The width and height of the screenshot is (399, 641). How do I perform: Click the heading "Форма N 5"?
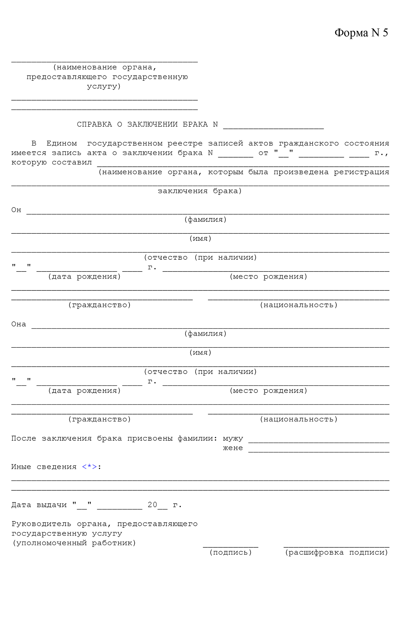pos(361,33)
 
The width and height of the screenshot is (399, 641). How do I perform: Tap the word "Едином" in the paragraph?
pos(61,143)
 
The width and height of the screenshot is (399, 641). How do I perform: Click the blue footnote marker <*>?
pos(90,467)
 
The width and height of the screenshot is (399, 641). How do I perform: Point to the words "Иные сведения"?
pos(44,467)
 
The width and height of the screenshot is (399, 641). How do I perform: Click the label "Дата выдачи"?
pos(39,505)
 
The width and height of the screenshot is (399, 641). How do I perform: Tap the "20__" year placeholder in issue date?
pos(157,505)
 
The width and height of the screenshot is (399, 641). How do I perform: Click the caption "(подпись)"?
pos(231,552)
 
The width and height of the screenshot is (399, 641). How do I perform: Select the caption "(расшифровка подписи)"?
pos(336,552)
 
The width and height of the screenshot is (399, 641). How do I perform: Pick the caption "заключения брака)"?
pos(200,191)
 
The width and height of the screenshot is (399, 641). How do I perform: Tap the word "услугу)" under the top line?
pos(104,86)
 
